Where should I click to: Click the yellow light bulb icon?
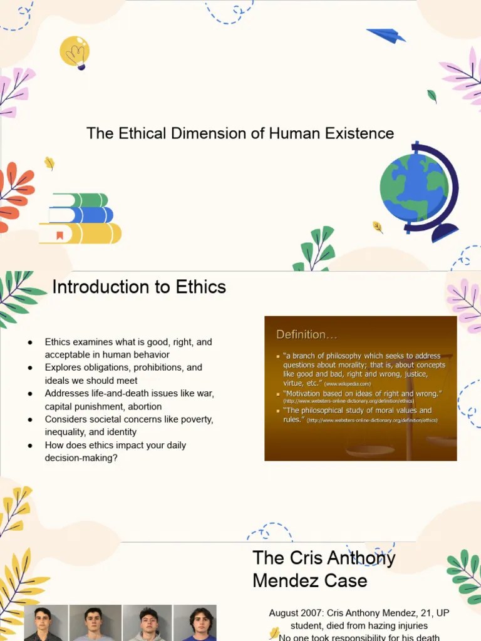click(x=75, y=51)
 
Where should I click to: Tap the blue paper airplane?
click(x=386, y=36)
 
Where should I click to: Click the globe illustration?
click(x=415, y=188)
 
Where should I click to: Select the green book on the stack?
click(x=80, y=200)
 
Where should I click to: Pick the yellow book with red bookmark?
click(x=81, y=233)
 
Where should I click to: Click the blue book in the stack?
click(x=81, y=215)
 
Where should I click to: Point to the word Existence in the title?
click(x=359, y=133)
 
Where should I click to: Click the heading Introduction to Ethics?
click(x=139, y=287)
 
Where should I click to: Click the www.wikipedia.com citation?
click(x=348, y=383)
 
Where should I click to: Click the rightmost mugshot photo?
click(x=195, y=623)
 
